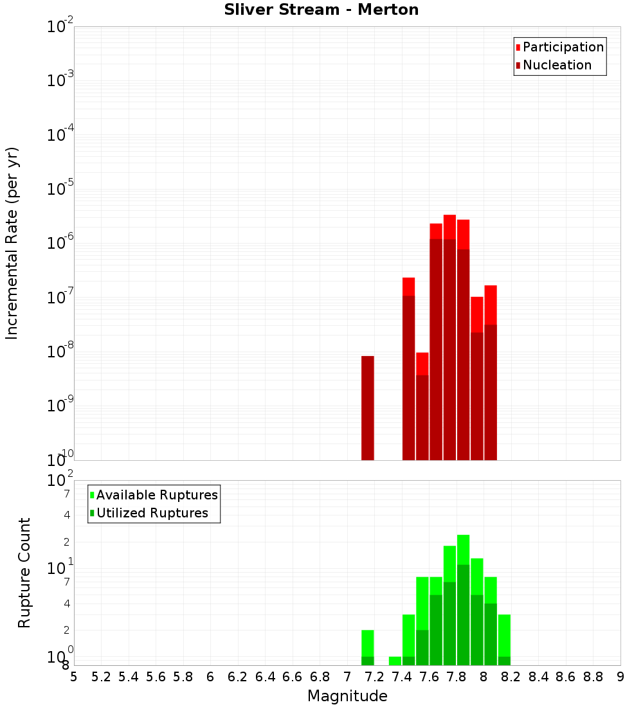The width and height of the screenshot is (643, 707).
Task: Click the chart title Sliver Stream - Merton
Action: click(x=321, y=10)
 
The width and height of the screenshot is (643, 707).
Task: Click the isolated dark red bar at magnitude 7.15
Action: click(x=368, y=408)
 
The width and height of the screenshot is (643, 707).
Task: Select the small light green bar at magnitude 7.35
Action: click(x=395, y=661)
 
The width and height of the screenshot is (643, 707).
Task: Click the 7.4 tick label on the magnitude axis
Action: click(x=402, y=677)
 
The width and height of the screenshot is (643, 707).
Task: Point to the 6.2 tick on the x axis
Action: click(x=238, y=677)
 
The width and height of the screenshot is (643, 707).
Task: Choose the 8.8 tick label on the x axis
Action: click(x=593, y=677)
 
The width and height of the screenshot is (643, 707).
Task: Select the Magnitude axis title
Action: click(x=347, y=696)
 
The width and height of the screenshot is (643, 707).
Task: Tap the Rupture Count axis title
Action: click(x=24, y=573)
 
